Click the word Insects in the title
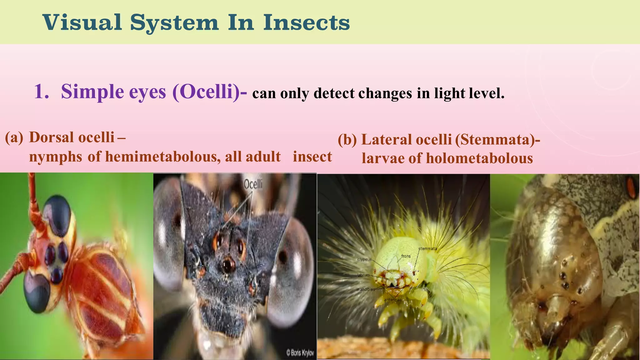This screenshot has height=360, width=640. pos(306,22)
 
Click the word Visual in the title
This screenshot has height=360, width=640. pos(82,22)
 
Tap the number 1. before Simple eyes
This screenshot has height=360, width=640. pos(41,92)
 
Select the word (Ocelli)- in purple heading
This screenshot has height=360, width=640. pos(209,92)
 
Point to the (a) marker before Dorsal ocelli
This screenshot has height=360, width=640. pos(14,137)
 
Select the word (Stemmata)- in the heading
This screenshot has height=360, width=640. pos(497,140)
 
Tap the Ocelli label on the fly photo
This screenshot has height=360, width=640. pos(253,184)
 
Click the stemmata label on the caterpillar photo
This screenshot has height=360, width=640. pos(427,249)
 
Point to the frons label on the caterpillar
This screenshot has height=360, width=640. pos(406,256)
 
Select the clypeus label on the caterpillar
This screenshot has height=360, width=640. pos(364,260)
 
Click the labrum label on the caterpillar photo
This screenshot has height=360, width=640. pos(363,275)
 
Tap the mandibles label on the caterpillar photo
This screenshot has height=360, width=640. pos(366,290)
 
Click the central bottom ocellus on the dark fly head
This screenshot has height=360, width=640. pos(228,264)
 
